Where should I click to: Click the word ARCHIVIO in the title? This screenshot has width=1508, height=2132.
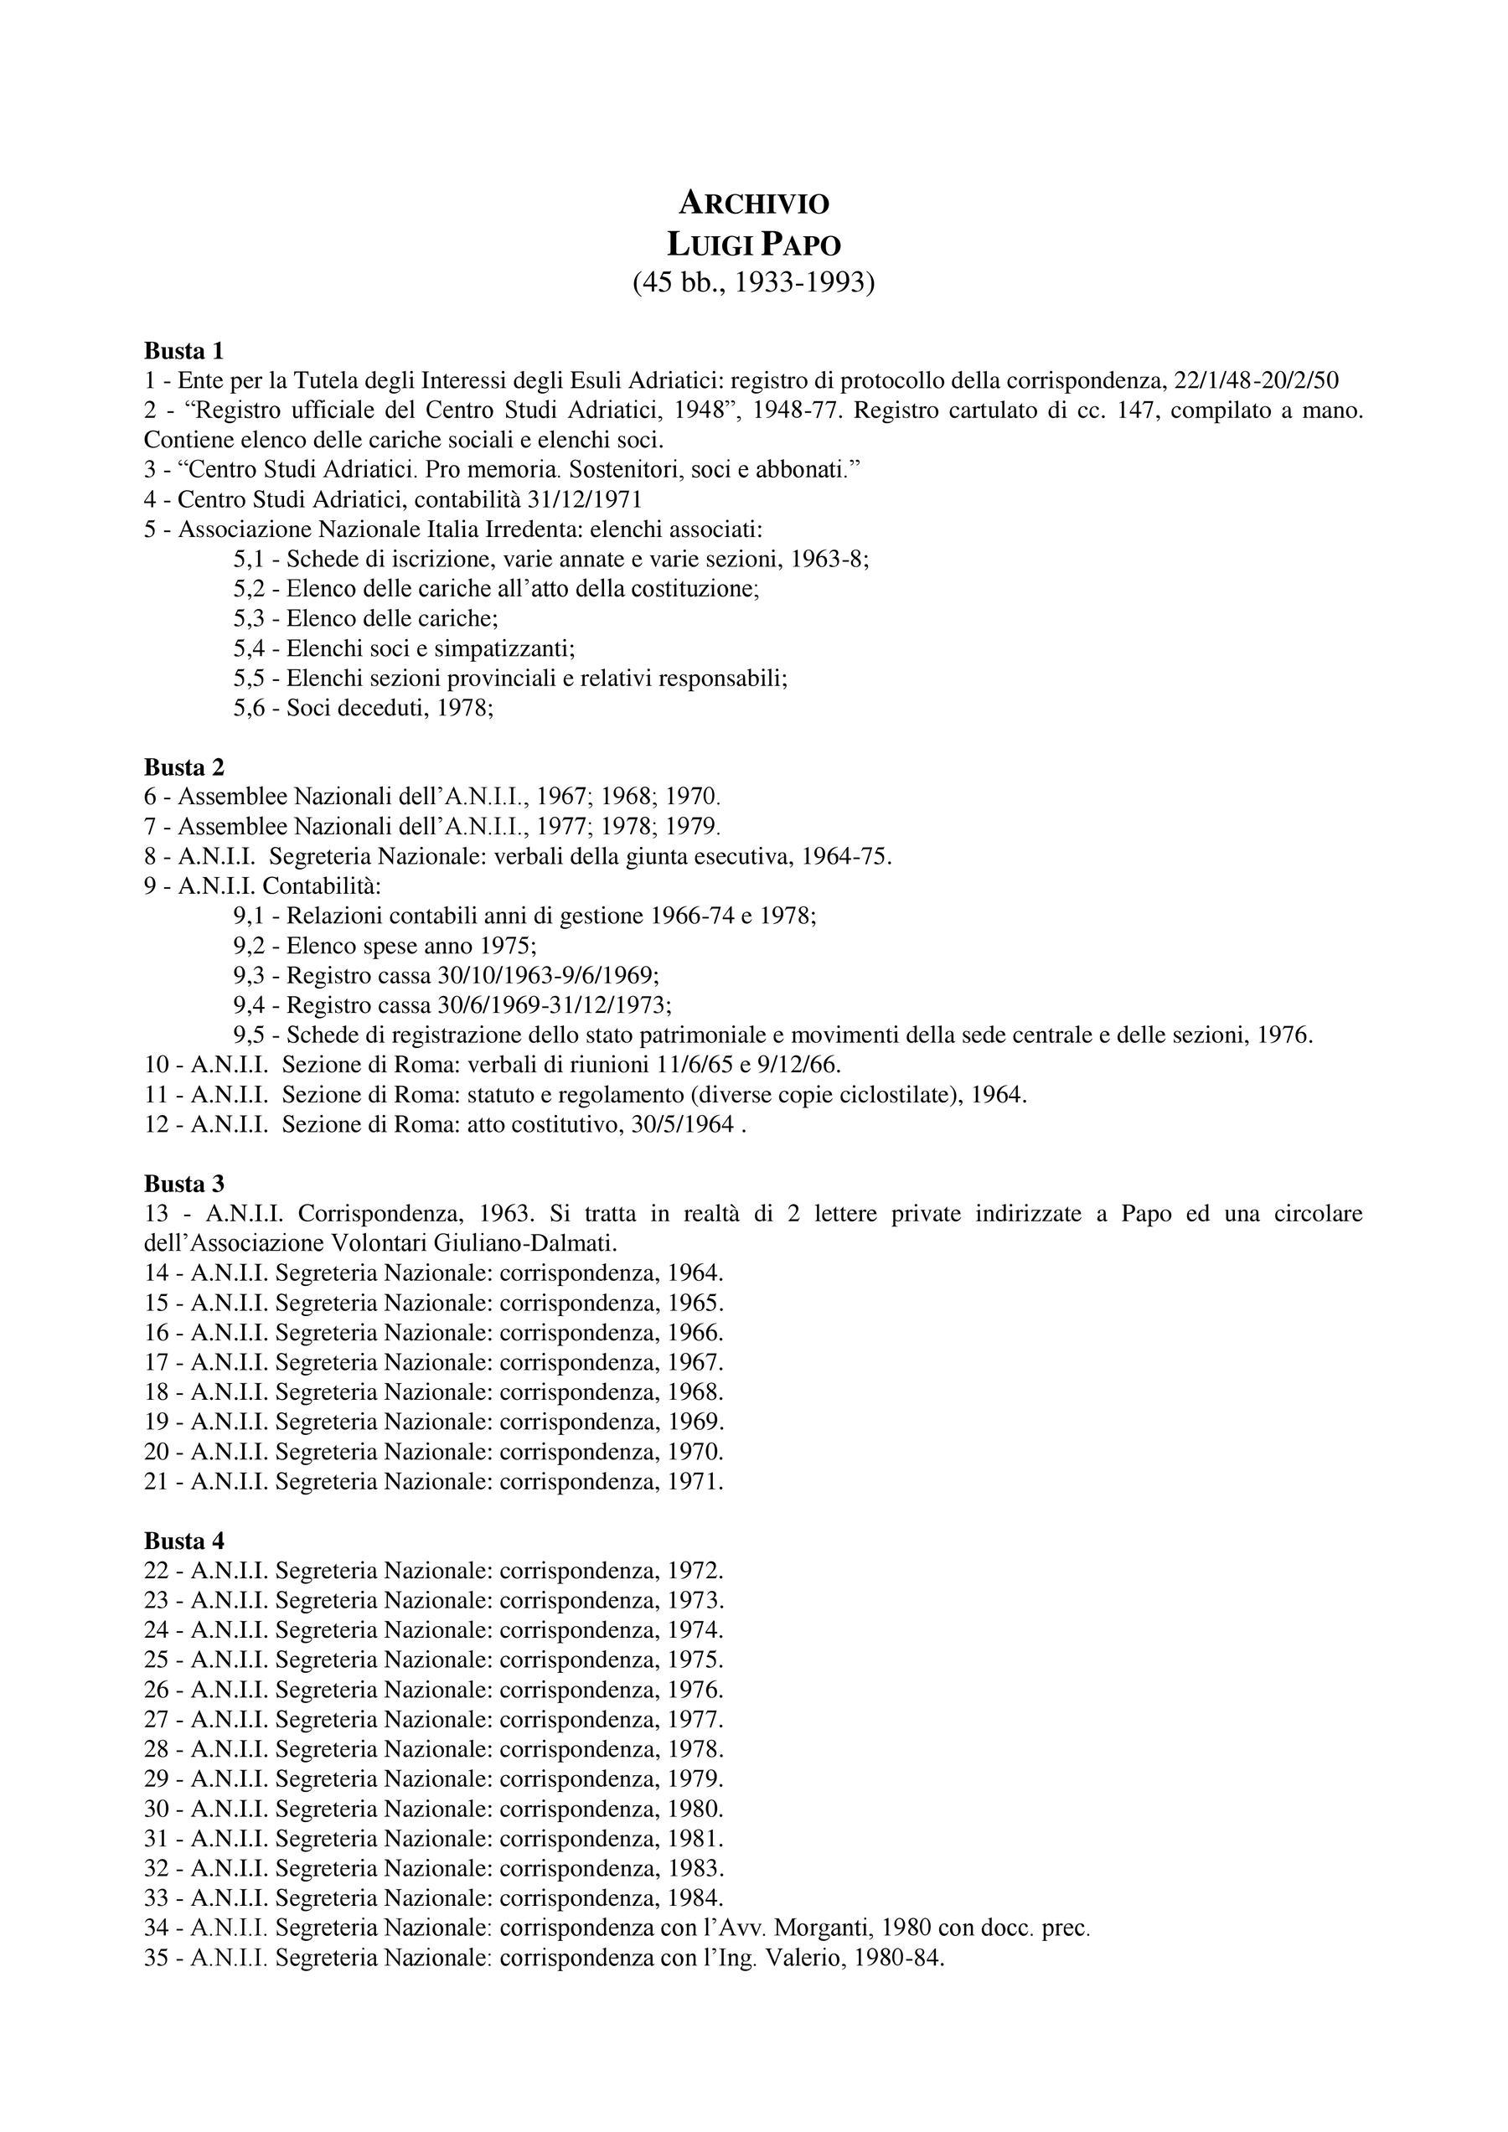point(753,202)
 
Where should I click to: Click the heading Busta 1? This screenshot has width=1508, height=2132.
point(183,350)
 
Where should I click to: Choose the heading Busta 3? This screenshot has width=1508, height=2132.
point(183,1183)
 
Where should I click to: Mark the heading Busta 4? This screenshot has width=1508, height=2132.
point(183,1541)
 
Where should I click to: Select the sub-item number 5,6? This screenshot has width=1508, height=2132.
point(252,708)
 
